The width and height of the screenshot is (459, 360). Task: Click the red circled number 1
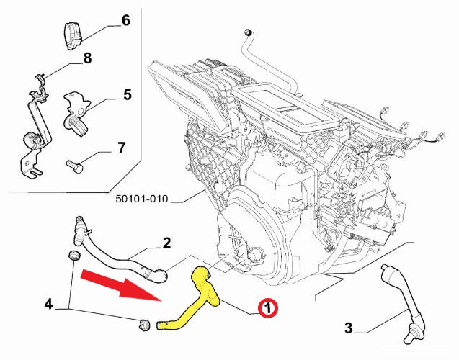[x=267, y=309]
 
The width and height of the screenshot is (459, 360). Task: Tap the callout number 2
[x=166, y=243]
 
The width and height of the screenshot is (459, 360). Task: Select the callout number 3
[x=349, y=329]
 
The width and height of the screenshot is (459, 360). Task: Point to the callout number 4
[x=48, y=304]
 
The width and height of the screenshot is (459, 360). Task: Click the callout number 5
[x=127, y=94]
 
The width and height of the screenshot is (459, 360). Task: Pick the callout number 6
[x=125, y=20]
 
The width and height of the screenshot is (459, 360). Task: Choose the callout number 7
[x=121, y=148]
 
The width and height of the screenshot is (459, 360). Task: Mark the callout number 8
[x=86, y=58]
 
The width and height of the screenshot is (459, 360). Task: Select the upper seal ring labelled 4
[x=73, y=256]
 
